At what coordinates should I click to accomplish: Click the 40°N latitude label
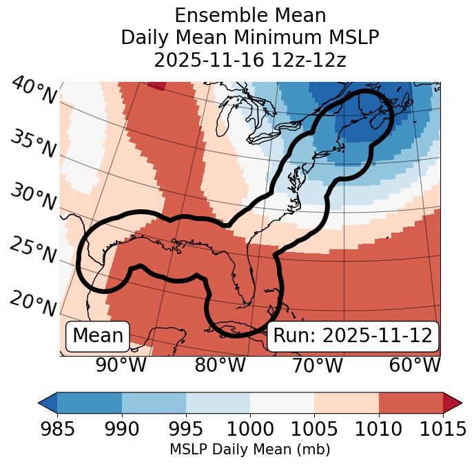(x=33, y=92)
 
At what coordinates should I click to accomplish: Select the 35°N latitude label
(x=33, y=144)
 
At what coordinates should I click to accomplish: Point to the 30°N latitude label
(x=33, y=198)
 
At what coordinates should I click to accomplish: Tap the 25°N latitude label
(x=33, y=251)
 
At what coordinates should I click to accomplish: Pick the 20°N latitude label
(x=33, y=304)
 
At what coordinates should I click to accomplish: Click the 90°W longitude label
(x=121, y=366)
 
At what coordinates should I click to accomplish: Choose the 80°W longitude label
(x=220, y=366)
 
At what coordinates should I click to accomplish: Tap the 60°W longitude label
(x=415, y=366)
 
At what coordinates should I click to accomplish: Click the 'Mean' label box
(x=98, y=336)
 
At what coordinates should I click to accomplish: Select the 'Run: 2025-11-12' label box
(x=353, y=336)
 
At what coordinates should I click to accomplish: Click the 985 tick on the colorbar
(x=57, y=429)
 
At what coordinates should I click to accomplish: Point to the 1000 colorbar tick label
(x=250, y=429)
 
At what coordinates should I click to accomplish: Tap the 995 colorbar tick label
(x=186, y=429)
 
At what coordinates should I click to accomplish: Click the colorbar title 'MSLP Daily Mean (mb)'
(x=249, y=450)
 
